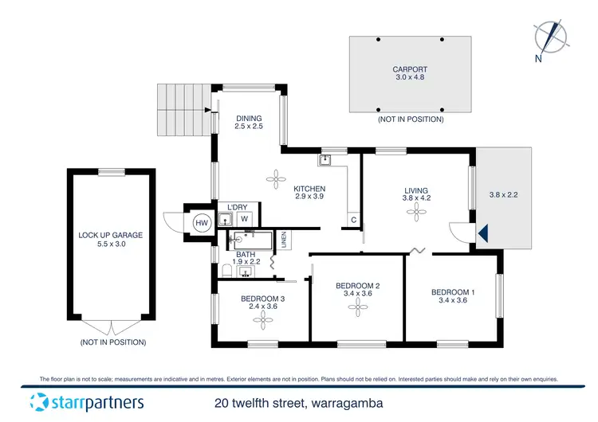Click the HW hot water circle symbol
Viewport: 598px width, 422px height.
[202, 224]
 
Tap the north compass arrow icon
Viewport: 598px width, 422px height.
[549, 35]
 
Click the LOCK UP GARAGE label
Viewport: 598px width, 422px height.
[111, 235]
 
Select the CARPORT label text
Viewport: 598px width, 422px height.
[411, 69]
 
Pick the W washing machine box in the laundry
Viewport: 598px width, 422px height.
[245, 218]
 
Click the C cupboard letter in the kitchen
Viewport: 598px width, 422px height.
[352, 220]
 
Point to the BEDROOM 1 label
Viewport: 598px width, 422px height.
[453, 292]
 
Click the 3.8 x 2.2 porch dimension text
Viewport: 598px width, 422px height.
[504, 194]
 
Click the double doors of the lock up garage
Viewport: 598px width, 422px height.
[112, 326]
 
